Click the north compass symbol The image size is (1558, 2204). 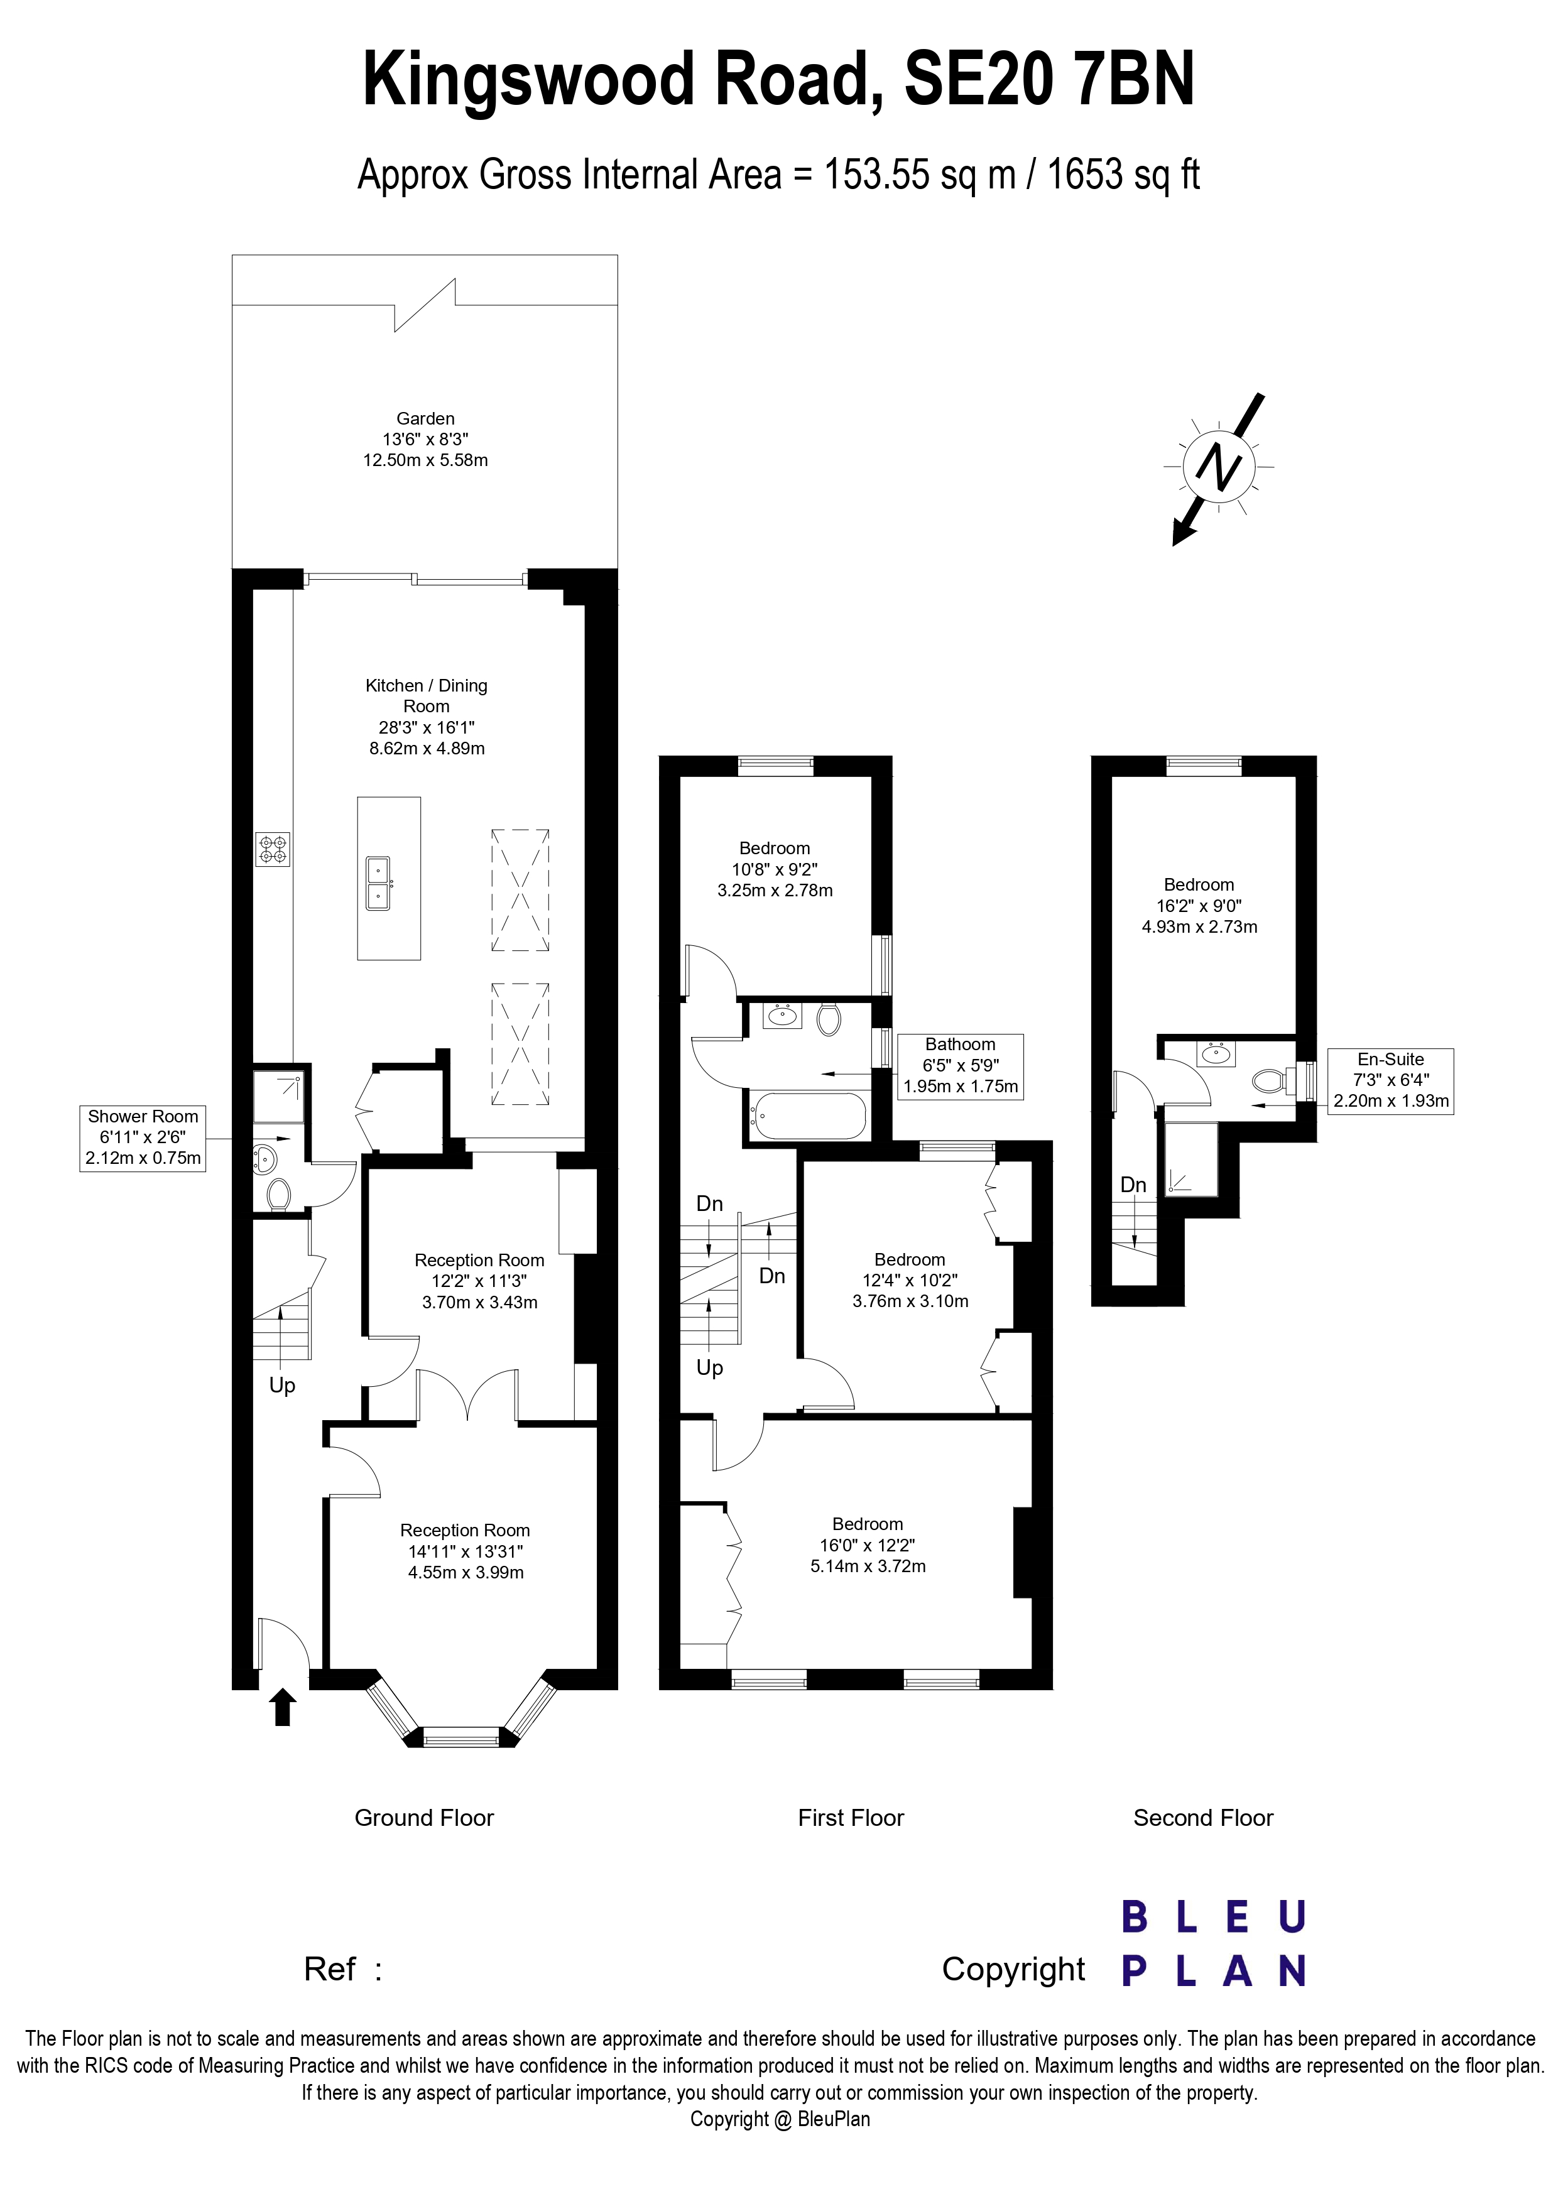click(1218, 467)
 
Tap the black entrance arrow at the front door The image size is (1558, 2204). click(282, 1708)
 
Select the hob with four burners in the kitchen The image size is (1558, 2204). click(273, 850)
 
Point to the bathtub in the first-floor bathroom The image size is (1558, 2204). click(809, 1116)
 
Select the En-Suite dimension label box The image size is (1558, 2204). click(1390, 1080)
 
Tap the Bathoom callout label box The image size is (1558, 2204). click(960, 1065)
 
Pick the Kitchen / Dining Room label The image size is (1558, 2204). click(426, 716)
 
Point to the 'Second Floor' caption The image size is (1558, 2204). click(1203, 1818)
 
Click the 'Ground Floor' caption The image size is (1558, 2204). click(423, 1818)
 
